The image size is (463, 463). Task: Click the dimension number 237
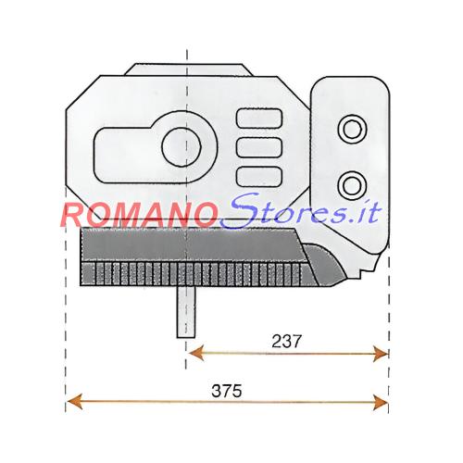[x=286, y=342]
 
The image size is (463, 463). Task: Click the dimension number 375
[x=227, y=391]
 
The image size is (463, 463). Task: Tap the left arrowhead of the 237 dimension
[x=196, y=353]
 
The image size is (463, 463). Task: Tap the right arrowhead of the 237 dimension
[x=381, y=354]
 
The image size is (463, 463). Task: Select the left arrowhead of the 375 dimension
[x=75, y=402]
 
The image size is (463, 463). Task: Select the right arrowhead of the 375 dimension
[x=381, y=402]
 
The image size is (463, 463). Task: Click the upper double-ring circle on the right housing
[x=352, y=130]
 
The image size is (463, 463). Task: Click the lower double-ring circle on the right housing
[x=352, y=185]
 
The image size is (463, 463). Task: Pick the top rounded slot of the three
[x=259, y=118]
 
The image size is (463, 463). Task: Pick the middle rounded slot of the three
[x=259, y=147]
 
